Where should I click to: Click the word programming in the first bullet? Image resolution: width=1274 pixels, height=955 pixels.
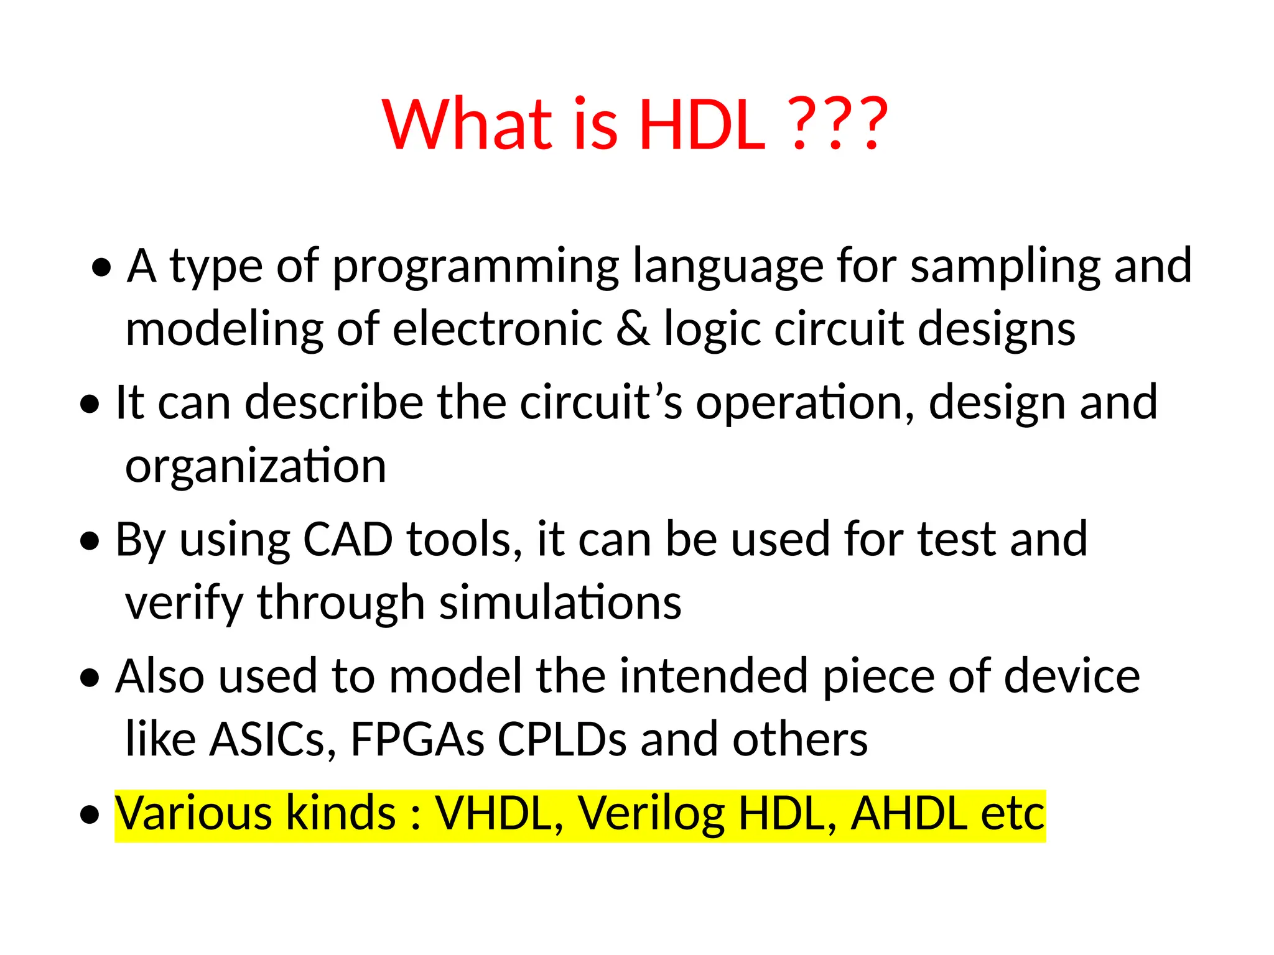click(x=476, y=267)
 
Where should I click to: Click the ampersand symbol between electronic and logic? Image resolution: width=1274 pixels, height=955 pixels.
click(x=633, y=330)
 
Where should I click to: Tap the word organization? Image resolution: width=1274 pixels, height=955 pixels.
click(x=256, y=466)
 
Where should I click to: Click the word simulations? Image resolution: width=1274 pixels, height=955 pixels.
click(x=560, y=603)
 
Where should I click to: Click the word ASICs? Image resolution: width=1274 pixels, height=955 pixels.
click(x=272, y=740)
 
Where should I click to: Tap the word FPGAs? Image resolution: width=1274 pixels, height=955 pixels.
click(x=417, y=740)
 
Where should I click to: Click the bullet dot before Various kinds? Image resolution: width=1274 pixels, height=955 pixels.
click(x=90, y=815)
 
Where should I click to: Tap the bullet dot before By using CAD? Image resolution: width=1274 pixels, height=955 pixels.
click(x=90, y=542)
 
